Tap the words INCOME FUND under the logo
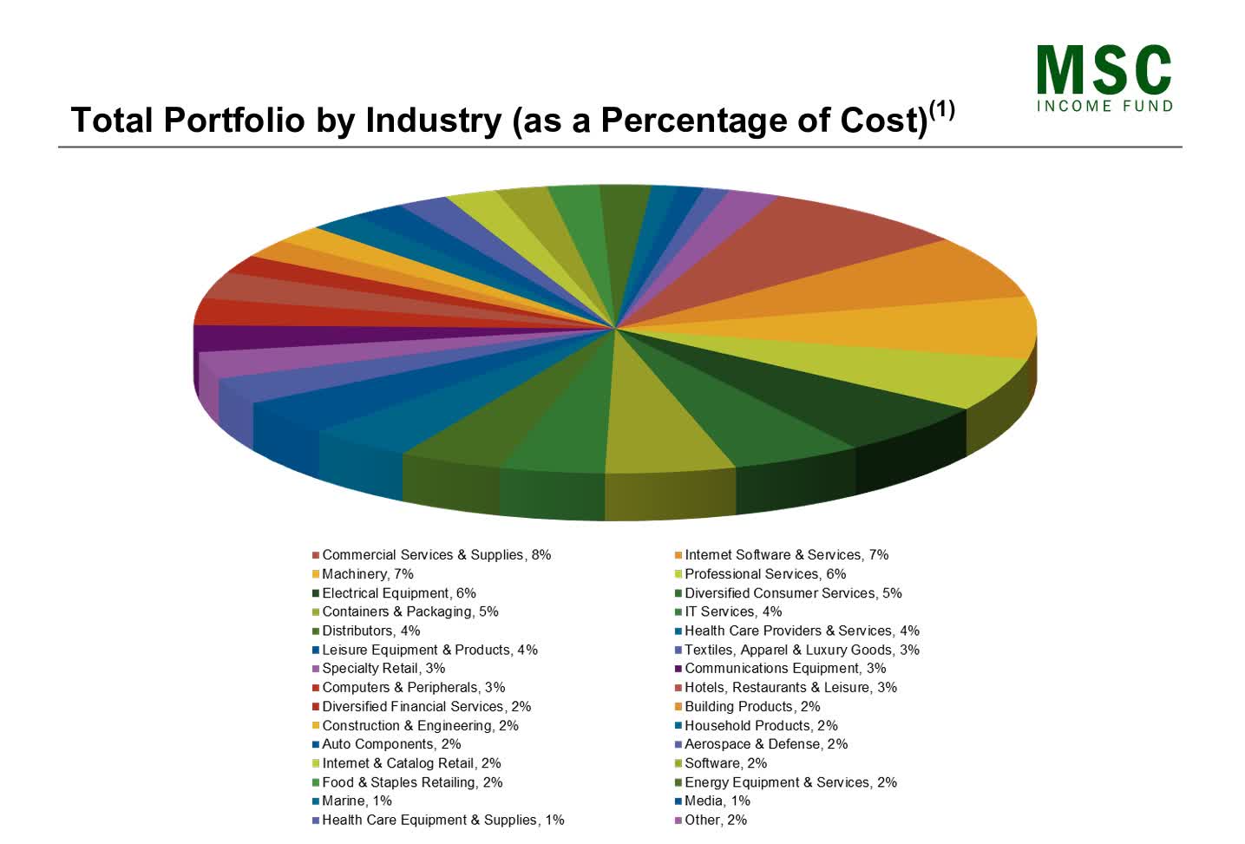coord(1104,106)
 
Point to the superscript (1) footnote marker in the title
coord(941,109)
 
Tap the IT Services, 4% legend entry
coord(732,612)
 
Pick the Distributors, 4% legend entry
coord(370,631)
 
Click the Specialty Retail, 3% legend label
coord(383,669)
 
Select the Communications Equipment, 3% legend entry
coord(784,669)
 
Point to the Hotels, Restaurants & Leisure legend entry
coord(790,688)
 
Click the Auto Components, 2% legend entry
coord(390,744)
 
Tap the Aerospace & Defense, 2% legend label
coord(765,744)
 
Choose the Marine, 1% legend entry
coord(356,801)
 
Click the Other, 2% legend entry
coord(715,821)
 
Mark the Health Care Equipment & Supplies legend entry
coord(442,821)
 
